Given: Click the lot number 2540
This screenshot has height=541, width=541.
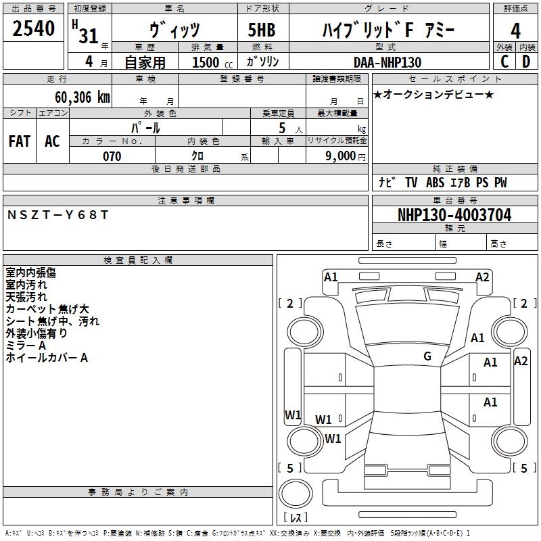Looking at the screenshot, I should coord(34,29).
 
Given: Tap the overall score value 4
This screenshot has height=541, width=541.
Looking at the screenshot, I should coord(515,30).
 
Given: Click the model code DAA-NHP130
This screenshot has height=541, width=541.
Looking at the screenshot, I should coord(387,62).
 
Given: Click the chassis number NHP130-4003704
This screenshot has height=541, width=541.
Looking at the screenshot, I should coord(454,215).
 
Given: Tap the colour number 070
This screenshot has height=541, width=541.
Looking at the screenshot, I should coord(112,156).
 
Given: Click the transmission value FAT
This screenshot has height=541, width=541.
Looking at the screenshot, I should coord(20,141).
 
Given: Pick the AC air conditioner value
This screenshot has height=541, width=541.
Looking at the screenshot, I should coord(52,141).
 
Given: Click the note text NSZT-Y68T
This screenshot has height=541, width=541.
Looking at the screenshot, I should coord(58,215).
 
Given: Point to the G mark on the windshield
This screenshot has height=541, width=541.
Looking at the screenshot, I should coord(427,356).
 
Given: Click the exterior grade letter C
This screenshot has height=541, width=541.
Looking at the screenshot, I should coord(504,62).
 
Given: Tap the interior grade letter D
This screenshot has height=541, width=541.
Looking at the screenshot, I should coord(526,62).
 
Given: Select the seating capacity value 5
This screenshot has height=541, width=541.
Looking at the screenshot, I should coord(281,128).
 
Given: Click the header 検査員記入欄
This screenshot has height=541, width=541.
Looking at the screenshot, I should coord(138,260).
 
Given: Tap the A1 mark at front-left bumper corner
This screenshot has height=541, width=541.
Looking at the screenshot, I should coord(331,277).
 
